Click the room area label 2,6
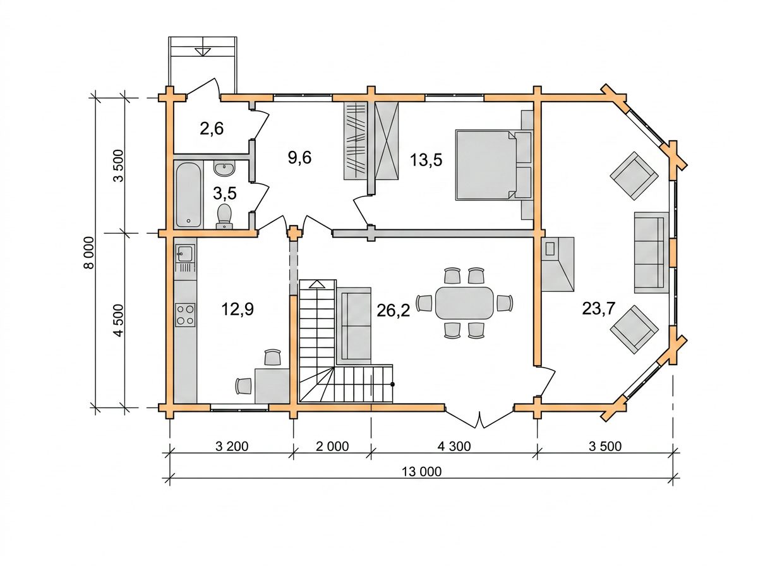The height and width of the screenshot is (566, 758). pyautogui.click(x=212, y=128)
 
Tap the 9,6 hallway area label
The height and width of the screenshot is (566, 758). pyautogui.click(x=299, y=157)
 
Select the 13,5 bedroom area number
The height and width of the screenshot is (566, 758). pyautogui.click(x=426, y=160)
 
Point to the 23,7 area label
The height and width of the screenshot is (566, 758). pyautogui.click(x=598, y=308)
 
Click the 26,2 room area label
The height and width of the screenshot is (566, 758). pyautogui.click(x=393, y=310)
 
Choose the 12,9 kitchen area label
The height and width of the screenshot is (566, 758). pyautogui.click(x=238, y=309)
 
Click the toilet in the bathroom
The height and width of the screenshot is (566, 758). pyautogui.click(x=225, y=216)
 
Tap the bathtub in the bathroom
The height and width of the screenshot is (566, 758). pyautogui.click(x=188, y=195)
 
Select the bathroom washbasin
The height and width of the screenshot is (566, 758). pyautogui.click(x=224, y=169)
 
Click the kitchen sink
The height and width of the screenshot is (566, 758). pyautogui.click(x=184, y=253)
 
